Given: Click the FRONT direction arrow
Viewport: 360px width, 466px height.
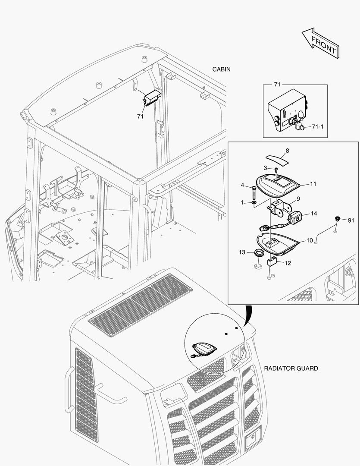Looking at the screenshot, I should click(320, 44).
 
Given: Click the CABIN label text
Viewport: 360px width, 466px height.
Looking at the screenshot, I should click(222, 69).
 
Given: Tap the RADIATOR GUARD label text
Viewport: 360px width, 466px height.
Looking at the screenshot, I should click(291, 368).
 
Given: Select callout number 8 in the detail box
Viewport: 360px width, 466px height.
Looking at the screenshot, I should click(288, 151).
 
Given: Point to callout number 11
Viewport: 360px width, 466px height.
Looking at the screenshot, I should click(313, 184).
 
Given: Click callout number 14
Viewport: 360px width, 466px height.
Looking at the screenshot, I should click(313, 214).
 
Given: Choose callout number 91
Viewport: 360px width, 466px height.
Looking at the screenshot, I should click(351, 220).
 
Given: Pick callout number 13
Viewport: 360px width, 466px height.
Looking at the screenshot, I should click(242, 252).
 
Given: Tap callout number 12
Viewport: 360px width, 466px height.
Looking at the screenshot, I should click(288, 263).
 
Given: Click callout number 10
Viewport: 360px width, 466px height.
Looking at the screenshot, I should click(310, 240).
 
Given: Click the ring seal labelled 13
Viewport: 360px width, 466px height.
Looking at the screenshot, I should click(259, 253).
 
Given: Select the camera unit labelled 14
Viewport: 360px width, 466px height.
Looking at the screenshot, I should click(296, 218).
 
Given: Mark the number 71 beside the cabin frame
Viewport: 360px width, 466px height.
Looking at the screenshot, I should click(140, 116).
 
